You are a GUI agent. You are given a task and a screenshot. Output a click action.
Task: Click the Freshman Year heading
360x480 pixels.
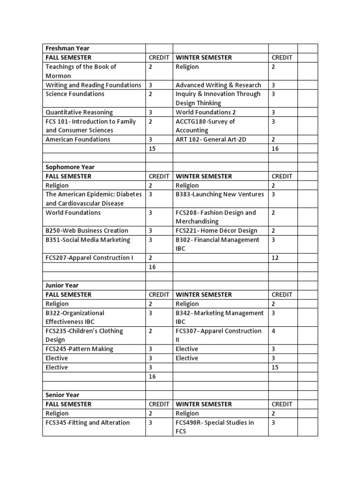point(67,48)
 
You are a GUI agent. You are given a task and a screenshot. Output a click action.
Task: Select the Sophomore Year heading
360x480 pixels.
point(70,167)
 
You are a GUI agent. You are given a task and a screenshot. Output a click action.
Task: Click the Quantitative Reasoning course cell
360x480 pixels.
point(79,112)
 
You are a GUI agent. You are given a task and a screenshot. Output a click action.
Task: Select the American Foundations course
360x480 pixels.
point(78,140)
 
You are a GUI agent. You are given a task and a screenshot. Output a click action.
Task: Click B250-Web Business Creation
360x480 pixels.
point(87,231)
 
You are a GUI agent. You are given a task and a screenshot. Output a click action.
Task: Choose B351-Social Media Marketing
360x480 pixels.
point(88,240)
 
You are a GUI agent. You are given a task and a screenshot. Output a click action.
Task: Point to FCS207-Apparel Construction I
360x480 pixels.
point(90,258)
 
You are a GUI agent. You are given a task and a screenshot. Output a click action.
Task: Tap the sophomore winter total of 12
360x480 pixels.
point(275,258)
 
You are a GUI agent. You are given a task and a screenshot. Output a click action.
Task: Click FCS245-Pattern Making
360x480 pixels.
point(79,349)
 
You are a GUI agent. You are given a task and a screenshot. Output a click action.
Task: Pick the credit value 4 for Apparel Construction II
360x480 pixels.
point(273,331)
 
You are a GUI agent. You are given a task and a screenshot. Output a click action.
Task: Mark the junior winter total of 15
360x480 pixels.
point(275,367)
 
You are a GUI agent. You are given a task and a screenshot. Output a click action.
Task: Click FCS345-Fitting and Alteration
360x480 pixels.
point(88,423)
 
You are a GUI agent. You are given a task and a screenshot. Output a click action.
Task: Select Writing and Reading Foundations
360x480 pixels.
point(93,85)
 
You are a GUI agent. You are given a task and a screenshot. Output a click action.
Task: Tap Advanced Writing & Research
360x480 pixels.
point(218,85)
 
